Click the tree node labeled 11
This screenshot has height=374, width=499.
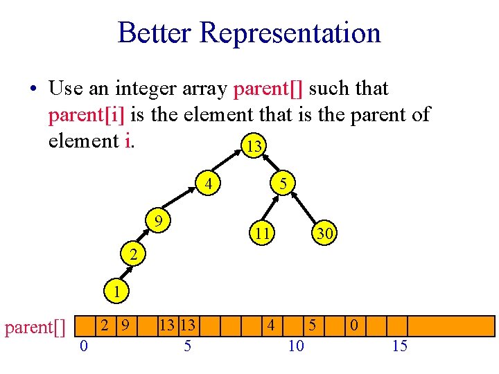click(x=261, y=234)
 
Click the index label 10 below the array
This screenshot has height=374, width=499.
click(x=296, y=346)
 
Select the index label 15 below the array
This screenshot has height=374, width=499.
click(x=400, y=346)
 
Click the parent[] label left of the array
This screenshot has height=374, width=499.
click(x=35, y=326)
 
